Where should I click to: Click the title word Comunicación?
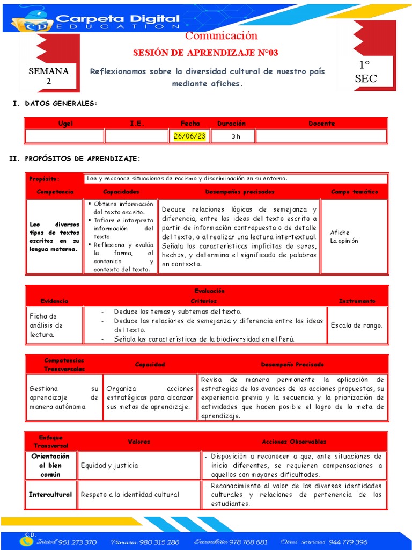[221, 36]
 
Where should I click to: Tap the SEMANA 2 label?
[48, 76]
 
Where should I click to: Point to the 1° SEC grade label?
[365, 72]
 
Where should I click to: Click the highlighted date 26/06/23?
[189, 136]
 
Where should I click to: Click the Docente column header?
[321, 124]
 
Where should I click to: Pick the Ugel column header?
[65, 124]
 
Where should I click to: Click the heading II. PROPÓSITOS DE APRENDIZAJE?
[75, 158]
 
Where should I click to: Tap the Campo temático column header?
[354, 192]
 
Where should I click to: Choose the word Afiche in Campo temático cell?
[340, 233]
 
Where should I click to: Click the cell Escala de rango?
[357, 325]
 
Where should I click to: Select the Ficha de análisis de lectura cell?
[47, 325]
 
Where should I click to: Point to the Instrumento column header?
[357, 301]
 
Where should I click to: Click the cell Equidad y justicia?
[109, 466]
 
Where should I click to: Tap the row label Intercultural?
[50, 494]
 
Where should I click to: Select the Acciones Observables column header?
[293, 442]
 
